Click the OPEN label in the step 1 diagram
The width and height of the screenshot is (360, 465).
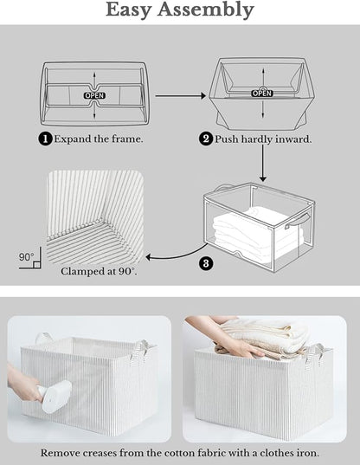click(93, 94)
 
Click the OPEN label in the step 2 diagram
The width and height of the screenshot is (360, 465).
click(261, 93)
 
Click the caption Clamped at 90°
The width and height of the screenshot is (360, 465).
click(99, 271)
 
